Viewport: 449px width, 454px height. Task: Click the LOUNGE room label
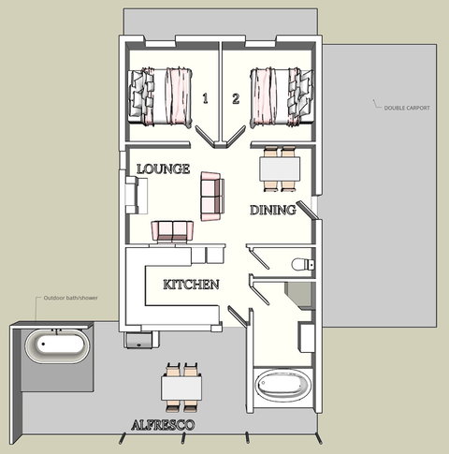[x=164, y=169]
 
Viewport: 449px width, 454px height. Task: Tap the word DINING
[x=272, y=211]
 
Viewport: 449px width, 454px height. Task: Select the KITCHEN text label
[x=191, y=284]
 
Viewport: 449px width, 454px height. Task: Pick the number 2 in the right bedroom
[x=236, y=98]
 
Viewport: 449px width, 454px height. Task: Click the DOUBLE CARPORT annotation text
[x=406, y=109]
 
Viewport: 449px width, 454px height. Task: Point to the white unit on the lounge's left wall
[x=137, y=197]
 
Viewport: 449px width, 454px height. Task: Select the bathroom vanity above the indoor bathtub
[x=306, y=335]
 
